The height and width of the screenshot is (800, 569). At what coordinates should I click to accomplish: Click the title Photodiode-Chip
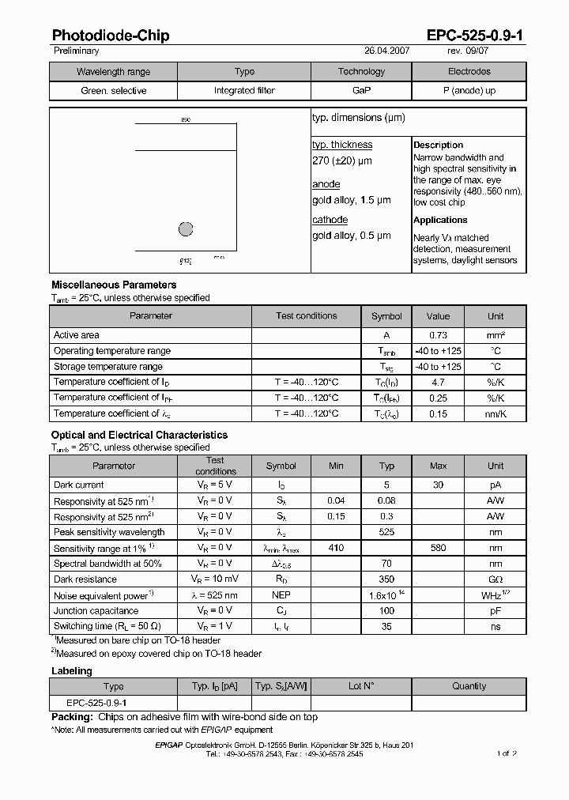[x=110, y=36]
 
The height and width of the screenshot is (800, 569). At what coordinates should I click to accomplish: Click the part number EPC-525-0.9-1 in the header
[x=475, y=36]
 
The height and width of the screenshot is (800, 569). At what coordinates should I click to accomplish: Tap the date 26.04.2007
[x=386, y=51]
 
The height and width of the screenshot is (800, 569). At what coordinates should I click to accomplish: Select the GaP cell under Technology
[x=361, y=91]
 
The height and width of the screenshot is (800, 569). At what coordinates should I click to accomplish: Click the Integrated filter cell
[x=245, y=91]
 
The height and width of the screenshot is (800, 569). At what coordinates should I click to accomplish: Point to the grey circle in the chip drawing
[x=186, y=229]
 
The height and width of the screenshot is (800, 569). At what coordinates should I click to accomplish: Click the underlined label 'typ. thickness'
[x=341, y=145]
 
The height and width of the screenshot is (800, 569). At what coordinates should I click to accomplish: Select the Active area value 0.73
[x=438, y=335]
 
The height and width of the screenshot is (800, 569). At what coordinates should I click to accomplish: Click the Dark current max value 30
[x=438, y=485]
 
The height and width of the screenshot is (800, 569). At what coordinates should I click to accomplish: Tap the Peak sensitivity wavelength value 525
[x=386, y=532]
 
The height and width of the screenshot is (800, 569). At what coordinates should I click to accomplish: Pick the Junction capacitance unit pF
[x=495, y=610]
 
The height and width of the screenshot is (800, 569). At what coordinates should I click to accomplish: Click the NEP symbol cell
[x=281, y=595]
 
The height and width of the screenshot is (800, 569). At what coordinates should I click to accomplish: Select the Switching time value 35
[x=386, y=626]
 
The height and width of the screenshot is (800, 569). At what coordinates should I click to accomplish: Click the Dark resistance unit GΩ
[x=495, y=579]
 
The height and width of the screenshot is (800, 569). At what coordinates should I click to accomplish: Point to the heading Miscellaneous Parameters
[x=114, y=285]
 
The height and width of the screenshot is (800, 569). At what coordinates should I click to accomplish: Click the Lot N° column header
[x=361, y=686]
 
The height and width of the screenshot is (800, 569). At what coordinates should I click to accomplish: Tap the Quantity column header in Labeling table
[x=469, y=686]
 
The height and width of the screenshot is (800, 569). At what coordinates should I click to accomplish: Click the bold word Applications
[x=440, y=220]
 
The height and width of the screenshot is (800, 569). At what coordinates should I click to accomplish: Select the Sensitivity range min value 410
[x=336, y=548]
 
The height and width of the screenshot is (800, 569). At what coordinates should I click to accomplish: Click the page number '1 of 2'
[x=507, y=753]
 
